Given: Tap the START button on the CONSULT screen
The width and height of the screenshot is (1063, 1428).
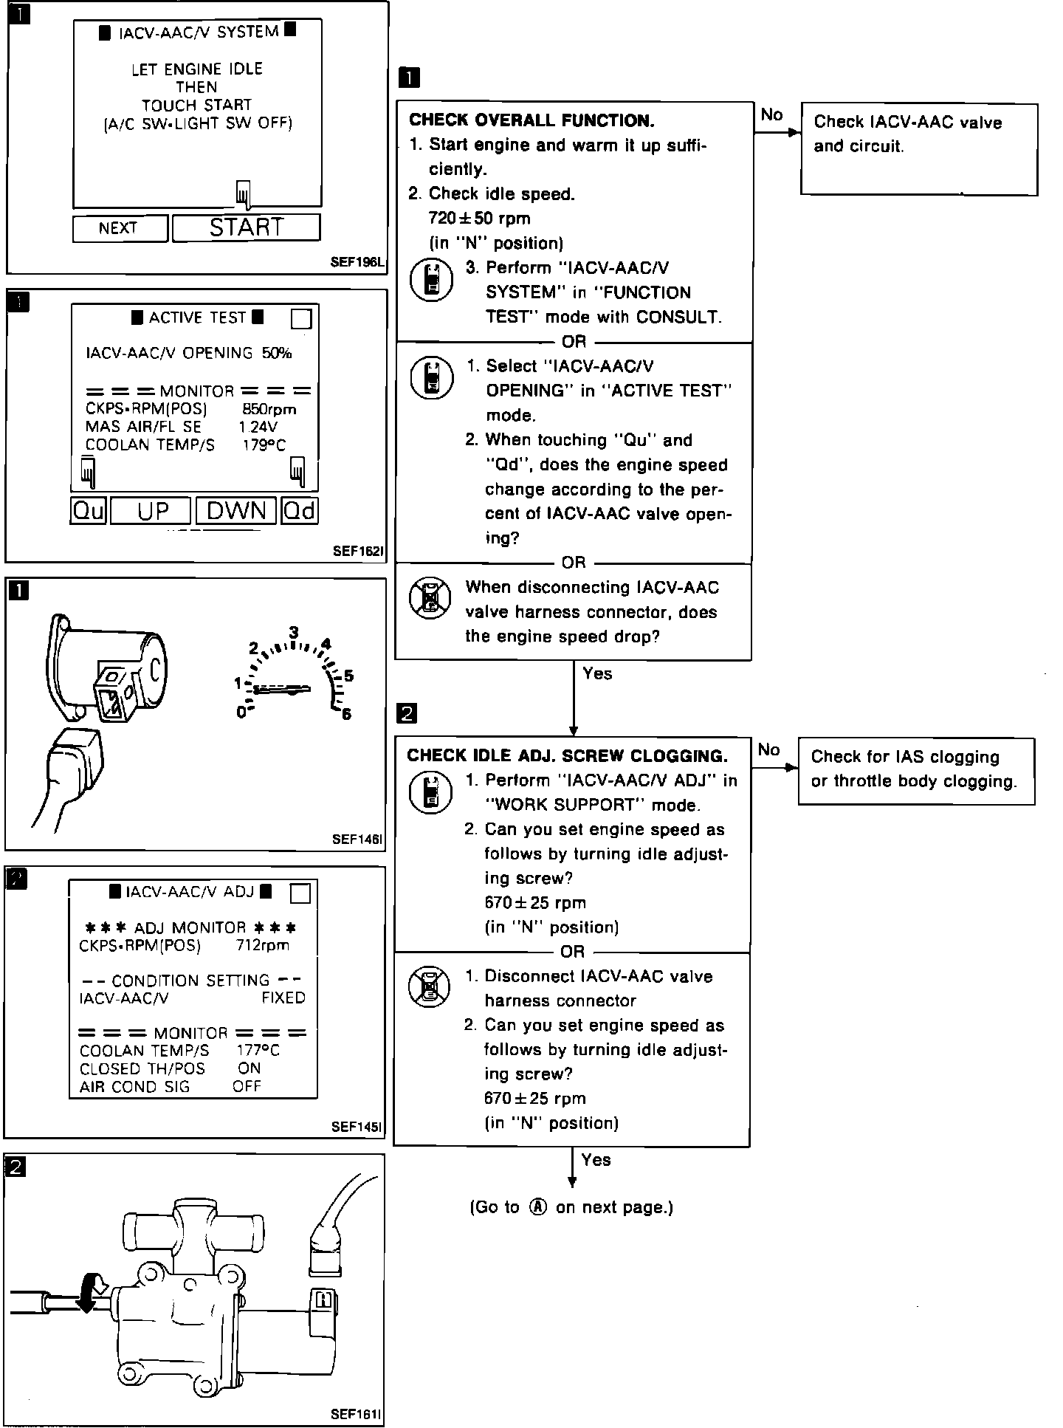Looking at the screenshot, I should coord(247,227).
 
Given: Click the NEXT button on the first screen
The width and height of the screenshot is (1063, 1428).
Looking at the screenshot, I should coord(119,228).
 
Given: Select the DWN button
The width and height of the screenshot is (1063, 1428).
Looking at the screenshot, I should coord(236,511).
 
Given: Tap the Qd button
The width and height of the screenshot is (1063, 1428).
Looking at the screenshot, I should coord(300,511).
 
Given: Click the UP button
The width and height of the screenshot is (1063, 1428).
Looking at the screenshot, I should coord(151,511).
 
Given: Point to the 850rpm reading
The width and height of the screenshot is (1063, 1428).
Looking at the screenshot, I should coord(269,409).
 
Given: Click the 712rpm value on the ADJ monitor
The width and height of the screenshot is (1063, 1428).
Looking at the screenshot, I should coord(263,945).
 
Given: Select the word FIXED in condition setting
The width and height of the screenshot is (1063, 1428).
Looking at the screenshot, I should coord(283,998).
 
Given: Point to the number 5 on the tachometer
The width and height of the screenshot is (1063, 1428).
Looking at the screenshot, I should coord(349,676).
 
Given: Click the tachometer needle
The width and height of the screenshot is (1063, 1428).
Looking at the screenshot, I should coord(284,690).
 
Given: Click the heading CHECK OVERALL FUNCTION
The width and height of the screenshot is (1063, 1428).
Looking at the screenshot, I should coord(531,120).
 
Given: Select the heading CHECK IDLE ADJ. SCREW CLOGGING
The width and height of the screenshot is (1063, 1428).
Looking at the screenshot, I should coord(567,755).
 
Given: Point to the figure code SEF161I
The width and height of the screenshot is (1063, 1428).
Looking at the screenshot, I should coord(357,1414).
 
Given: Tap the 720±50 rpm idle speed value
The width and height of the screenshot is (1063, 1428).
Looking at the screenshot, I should coord(479,219).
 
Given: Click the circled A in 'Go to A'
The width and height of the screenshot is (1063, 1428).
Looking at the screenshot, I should coord(539,1207).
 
